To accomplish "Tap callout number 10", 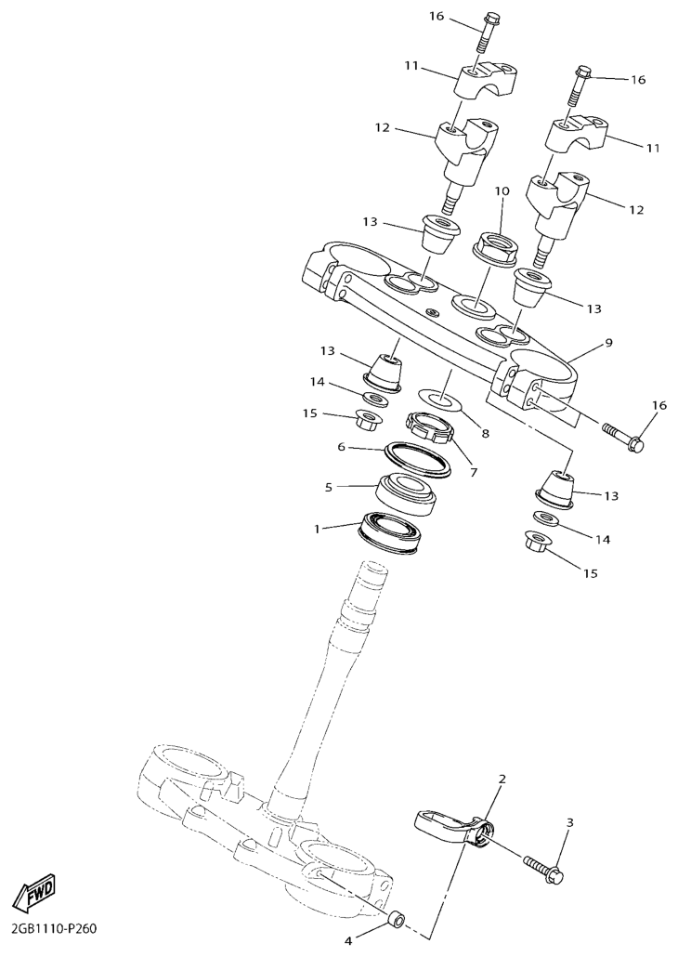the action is (502, 191).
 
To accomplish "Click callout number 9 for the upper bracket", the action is (608, 343).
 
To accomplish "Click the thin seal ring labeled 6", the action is (417, 459).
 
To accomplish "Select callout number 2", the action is (502, 779).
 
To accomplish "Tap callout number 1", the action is (317, 530).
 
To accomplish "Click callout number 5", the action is (328, 487).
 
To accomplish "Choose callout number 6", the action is (341, 447).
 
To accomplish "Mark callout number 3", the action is (570, 822).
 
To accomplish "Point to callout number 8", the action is (485, 433).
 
